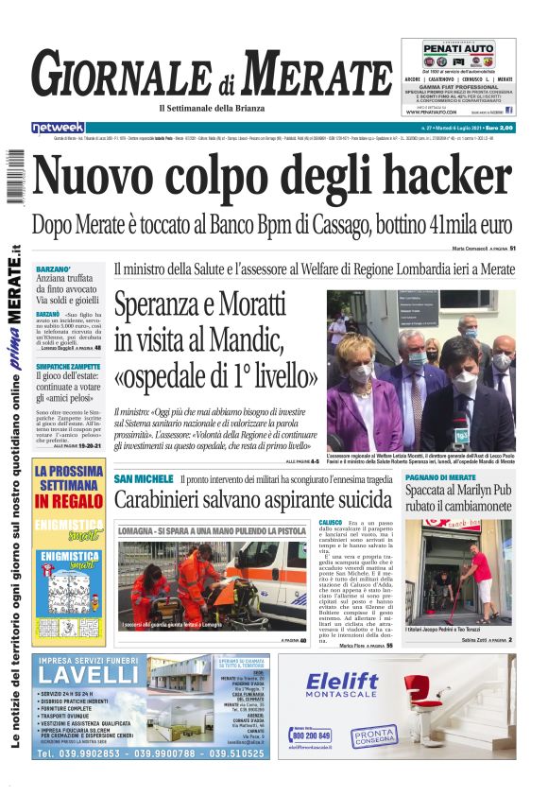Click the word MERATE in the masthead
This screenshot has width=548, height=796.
point(316,73)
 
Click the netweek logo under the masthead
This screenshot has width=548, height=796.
point(58,127)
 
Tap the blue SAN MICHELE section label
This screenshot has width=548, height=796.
point(143,479)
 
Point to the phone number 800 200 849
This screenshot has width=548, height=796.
point(311,735)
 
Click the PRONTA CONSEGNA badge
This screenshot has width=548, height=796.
point(375,735)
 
